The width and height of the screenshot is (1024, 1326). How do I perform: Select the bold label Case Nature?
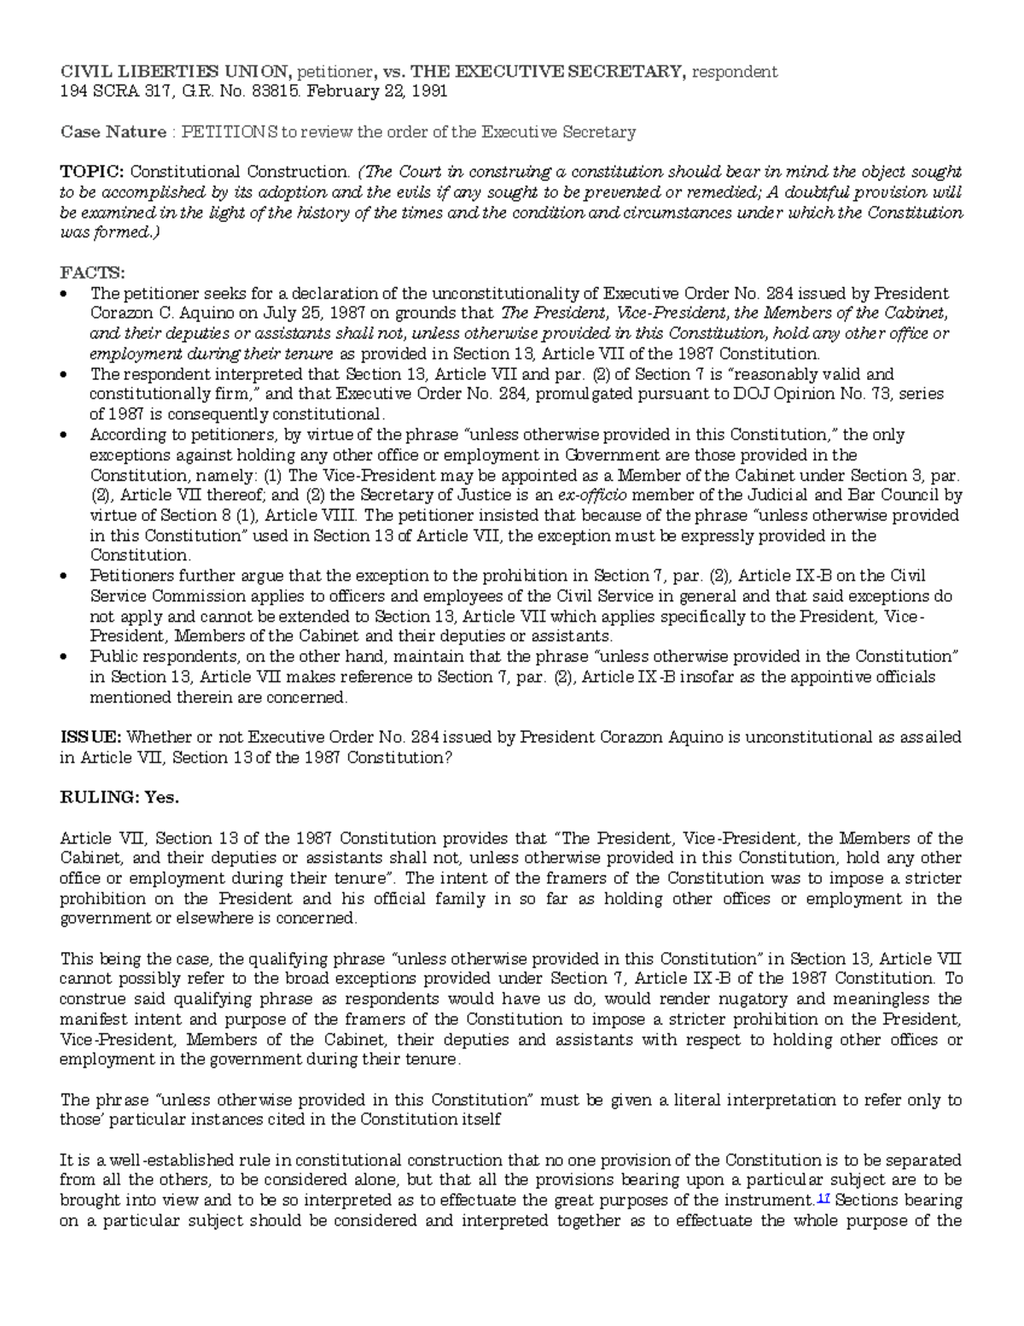(x=113, y=132)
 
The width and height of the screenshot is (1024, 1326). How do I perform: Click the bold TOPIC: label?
(x=91, y=172)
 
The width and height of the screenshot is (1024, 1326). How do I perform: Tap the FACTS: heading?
(x=91, y=273)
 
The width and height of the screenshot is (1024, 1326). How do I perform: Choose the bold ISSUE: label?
(x=90, y=737)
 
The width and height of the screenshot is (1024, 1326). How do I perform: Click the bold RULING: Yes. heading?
(x=119, y=797)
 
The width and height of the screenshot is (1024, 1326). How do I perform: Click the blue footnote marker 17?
(x=823, y=1199)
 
